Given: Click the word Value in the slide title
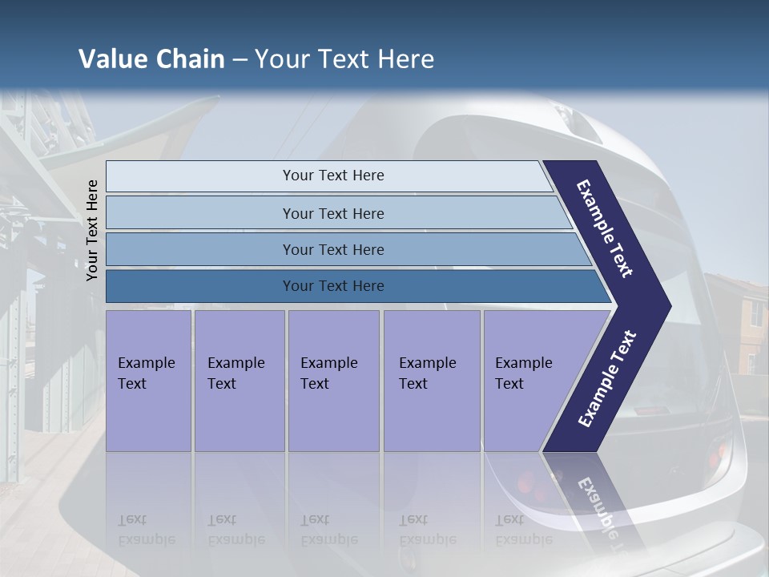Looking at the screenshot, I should click(112, 59).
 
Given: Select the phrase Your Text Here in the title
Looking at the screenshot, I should click(344, 59).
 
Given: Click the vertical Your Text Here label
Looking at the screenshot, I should click(92, 230).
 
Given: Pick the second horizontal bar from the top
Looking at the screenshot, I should click(332, 213).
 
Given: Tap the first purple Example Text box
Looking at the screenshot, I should click(148, 377).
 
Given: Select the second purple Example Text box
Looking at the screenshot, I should click(239, 377).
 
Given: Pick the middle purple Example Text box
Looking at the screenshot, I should click(333, 377).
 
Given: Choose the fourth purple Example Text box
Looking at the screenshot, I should click(431, 377).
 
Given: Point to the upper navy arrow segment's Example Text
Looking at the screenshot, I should click(606, 228).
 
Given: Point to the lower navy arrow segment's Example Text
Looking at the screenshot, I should click(607, 378).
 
